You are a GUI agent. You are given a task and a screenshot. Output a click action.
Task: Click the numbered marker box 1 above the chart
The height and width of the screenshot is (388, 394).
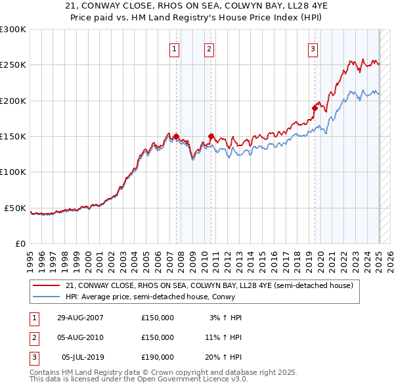pyautogui.click(x=175, y=49)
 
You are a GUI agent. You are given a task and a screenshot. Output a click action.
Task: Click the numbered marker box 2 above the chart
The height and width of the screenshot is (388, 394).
pyautogui.click(x=209, y=49)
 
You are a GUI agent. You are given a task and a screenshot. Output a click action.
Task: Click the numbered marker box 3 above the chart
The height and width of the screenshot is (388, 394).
pyautogui.click(x=313, y=49)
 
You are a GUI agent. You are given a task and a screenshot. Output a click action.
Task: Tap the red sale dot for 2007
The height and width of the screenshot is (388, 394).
pyautogui.click(x=177, y=137)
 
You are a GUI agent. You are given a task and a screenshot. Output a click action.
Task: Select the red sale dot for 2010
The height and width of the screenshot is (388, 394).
pyautogui.click(x=211, y=137)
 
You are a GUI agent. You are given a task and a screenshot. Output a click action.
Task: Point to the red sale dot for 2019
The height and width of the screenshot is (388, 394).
pyautogui.click(x=315, y=109)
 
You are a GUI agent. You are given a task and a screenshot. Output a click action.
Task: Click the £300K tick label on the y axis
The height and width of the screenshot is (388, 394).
pyautogui.click(x=13, y=30)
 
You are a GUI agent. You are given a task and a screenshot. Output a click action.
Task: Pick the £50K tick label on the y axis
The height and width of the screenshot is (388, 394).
pyautogui.click(x=16, y=208)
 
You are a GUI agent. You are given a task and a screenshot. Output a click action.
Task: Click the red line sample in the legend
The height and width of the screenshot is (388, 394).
pyautogui.click(x=47, y=285)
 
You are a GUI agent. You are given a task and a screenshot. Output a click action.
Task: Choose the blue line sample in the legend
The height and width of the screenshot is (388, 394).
pyautogui.click(x=47, y=297)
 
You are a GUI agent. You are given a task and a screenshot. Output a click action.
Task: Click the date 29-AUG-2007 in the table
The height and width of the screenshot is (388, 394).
pyautogui.click(x=80, y=318)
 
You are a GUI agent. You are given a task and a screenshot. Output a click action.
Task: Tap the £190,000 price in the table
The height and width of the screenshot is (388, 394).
pyautogui.click(x=158, y=357)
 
